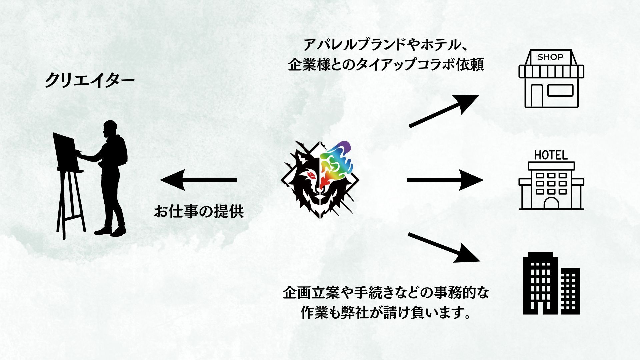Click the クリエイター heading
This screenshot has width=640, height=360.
click(x=90, y=80)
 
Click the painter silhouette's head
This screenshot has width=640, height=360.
click(x=110, y=128)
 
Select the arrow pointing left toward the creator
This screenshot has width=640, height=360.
click(x=198, y=180)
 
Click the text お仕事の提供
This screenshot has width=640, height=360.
click(x=199, y=212)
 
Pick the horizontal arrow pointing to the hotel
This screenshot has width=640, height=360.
click(x=445, y=180)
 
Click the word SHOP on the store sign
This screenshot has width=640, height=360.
click(x=550, y=57)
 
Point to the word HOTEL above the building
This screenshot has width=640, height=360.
click(x=551, y=155)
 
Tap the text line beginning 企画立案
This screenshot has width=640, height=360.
click(x=386, y=293)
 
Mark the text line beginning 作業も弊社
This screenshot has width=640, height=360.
click(x=386, y=313)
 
